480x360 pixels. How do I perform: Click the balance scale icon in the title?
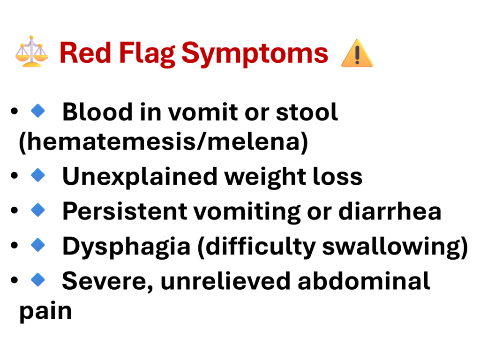pos(31,52)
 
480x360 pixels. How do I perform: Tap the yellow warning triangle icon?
pos(357,53)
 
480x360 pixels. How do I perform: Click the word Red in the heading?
pos(85,53)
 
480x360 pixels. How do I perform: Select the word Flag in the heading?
pos(147,54)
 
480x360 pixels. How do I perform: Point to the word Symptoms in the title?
pos(255,54)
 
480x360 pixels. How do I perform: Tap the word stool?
pos(307,112)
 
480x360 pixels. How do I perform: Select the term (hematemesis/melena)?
pos(164,142)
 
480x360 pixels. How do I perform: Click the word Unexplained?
pos(140,177)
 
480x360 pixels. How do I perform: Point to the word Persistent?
pos(125,211)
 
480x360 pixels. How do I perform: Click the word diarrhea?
pos(390,211)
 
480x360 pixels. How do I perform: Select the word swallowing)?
pos(395,247)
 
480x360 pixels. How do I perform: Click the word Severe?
pos(107,281)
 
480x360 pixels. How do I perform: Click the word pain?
pos(45,311)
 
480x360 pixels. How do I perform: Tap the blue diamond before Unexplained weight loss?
pos(38,175)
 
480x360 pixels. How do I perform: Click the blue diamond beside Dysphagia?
pos(38,245)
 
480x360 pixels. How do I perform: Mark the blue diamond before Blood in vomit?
pos(38,111)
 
